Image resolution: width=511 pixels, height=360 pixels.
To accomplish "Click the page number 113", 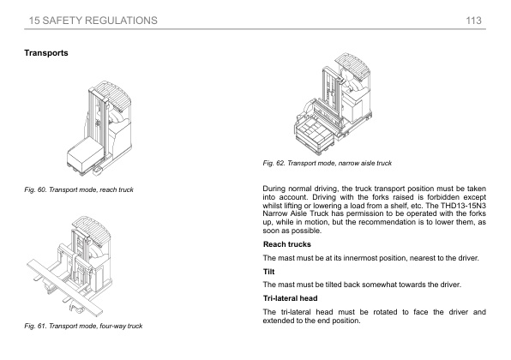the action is pyautogui.click(x=473, y=21).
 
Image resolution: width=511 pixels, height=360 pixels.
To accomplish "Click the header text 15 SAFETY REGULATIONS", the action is pyautogui.click(x=93, y=21).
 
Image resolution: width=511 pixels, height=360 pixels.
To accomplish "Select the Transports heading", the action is pyautogui.click(x=46, y=53).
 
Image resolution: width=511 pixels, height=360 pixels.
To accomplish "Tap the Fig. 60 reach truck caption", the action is pyautogui.click(x=79, y=189).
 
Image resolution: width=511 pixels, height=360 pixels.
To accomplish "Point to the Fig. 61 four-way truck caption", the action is pyautogui.click(x=83, y=326).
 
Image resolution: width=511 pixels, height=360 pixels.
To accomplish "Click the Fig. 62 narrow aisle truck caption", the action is pyautogui.click(x=328, y=163).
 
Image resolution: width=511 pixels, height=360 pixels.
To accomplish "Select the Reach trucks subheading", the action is pyautogui.click(x=286, y=244).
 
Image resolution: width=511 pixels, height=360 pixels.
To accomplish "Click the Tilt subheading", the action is pyautogui.click(x=269, y=272).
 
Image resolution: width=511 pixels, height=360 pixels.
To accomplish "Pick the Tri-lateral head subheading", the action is pyautogui.click(x=290, y=298).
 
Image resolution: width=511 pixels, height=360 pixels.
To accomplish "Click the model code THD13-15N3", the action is pyautogui.click(x=463, y=206).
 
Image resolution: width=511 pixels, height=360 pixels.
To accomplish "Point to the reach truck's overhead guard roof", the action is pyautogui.click(x=111, y=93).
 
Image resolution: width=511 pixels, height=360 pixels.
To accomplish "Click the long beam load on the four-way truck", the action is pyautogui.click(x=64, y=287).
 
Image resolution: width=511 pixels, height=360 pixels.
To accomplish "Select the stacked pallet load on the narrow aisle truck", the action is pyautogui.click(x=315, y=135).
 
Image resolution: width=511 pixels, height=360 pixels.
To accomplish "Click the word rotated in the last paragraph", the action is pyautogui.click(x=385, y=312).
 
